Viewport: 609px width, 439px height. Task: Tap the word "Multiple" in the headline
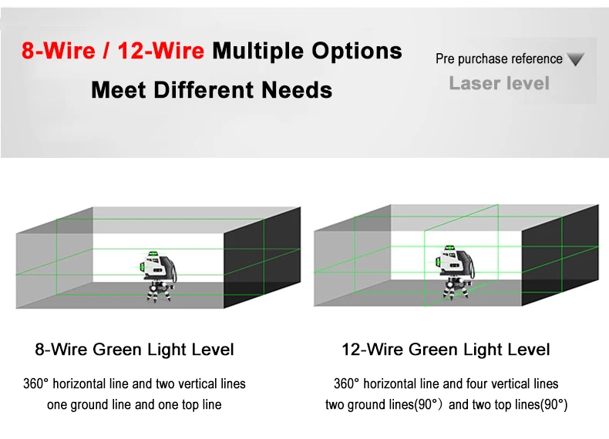[x=258, y=52]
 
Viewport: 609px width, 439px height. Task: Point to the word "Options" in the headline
[x=357, y=52]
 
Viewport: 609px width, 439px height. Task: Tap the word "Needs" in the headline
[x=297, y=90]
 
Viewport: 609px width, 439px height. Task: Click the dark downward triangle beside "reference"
[x=576, y=59]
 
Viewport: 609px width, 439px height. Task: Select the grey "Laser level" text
[x=499, y=83]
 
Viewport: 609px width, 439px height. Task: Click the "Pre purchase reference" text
[x=499, y=59]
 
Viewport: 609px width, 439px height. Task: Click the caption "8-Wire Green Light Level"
[x=134, y=350]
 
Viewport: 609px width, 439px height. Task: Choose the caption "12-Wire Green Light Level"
[x=446, y=350]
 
